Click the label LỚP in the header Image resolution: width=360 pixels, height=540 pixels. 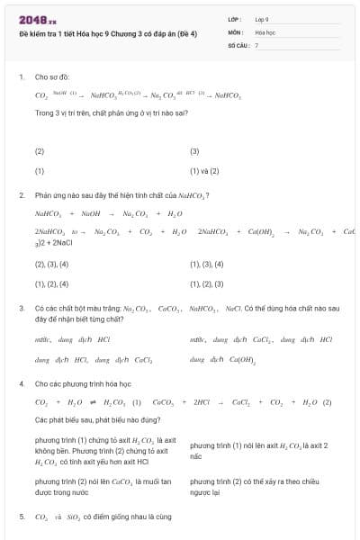point(235,18)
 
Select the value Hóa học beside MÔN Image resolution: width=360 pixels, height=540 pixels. point(265,31)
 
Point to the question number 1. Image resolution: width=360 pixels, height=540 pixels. point(21,77)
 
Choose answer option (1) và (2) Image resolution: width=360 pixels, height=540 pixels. point(204,170)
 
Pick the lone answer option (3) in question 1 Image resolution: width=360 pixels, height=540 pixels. point(194,151)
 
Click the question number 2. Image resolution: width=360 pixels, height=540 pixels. point(21,195)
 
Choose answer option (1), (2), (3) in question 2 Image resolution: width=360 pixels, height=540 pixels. point(206,283)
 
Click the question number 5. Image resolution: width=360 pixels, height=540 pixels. point(21,517)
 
